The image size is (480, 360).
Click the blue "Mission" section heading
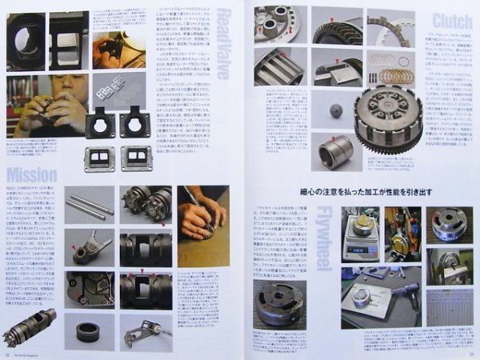pos(31,174)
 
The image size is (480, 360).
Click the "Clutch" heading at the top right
pos(453,21)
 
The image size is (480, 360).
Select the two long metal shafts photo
pos(90,206)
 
